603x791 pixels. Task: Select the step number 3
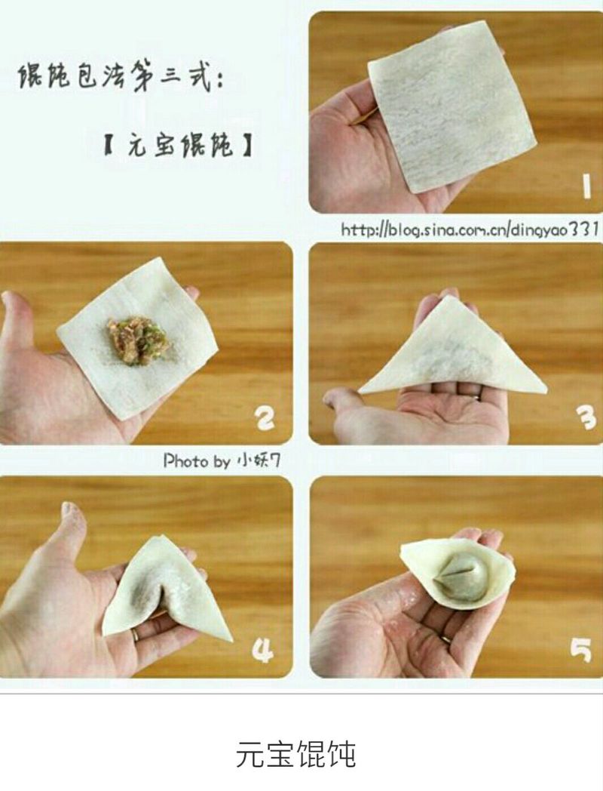587,418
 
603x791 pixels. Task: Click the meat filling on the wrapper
136,340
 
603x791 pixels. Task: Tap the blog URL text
470,229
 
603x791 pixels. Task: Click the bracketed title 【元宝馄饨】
178,146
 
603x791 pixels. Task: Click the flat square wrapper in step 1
449,106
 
